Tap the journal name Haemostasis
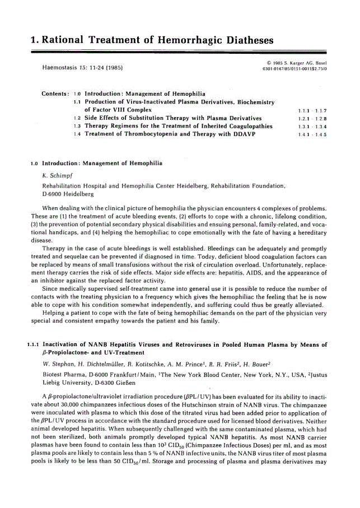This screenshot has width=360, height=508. (x=63, y=68)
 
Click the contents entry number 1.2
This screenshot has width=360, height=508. (x=77, y=119)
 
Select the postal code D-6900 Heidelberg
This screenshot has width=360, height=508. (x=68, y=194)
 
